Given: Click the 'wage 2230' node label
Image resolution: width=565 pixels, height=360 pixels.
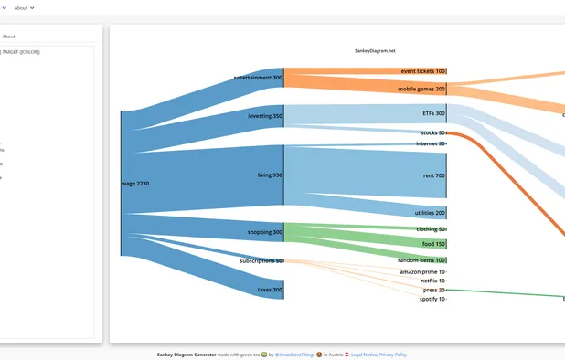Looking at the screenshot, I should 135,184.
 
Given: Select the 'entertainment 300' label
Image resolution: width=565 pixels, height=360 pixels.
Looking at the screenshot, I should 258,78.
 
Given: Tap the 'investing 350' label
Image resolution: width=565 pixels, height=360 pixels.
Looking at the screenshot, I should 265,116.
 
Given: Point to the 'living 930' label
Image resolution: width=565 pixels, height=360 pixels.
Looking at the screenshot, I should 270,175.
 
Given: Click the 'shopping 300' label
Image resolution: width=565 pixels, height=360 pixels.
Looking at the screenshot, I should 265,232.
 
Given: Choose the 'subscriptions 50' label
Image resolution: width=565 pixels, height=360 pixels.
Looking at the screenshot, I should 261,260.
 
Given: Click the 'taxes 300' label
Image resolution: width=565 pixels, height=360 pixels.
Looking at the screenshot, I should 270,290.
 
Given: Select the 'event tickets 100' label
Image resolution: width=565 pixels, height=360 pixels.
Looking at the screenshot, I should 422,71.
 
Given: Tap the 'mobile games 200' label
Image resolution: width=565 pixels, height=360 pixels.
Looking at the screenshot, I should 421,90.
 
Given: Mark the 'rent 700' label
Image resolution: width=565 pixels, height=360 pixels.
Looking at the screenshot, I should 433,175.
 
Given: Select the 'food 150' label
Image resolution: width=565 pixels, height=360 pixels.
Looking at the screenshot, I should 433,244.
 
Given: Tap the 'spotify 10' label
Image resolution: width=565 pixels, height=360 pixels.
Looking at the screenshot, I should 432,299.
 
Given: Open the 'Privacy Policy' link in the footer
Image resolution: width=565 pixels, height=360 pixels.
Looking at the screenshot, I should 393,354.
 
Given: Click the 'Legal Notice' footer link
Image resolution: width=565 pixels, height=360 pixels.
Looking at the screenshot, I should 364,354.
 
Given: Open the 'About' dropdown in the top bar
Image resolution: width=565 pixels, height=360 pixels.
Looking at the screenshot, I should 25,7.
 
